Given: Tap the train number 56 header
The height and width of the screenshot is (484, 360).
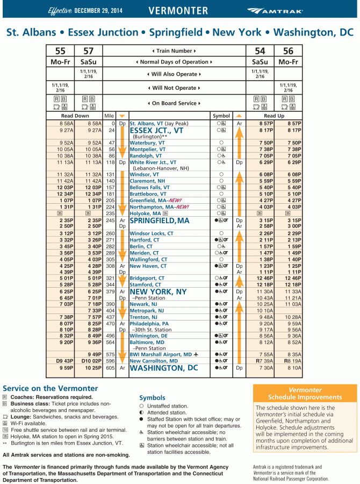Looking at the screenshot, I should pos(288,51).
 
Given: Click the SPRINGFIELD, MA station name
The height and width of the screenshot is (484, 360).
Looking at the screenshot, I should pos(160,220).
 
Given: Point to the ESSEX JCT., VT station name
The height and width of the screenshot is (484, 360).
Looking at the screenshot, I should pos(157,130).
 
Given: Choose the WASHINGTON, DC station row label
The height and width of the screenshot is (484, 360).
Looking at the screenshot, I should pos(164,368).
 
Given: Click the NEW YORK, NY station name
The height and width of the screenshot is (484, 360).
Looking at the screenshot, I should pos(159,291).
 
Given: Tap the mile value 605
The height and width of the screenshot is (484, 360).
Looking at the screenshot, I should pos(110,368).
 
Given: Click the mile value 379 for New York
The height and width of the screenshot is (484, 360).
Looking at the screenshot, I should pos(110,291).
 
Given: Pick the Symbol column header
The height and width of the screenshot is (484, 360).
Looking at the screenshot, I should pos(221,116).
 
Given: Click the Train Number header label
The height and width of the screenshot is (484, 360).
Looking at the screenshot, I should pos(174,51).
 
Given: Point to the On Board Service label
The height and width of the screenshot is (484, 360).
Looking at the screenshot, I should pos(174,103).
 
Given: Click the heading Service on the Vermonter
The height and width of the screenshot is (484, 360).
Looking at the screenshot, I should pos(51,388).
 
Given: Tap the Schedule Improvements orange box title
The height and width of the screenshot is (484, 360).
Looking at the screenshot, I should pos(305,394).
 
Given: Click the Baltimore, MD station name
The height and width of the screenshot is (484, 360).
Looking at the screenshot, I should pos(147,342).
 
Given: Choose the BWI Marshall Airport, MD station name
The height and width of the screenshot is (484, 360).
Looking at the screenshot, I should pos(161,354).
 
